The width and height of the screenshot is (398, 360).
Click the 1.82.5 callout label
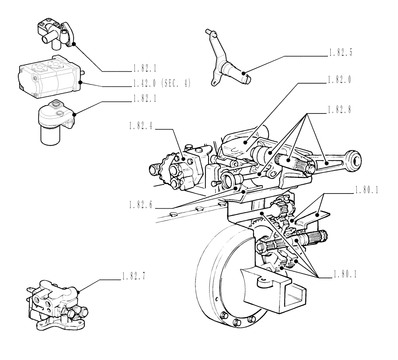(x=341, y=53)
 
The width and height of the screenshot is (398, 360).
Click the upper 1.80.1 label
(x=366, y=191)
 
